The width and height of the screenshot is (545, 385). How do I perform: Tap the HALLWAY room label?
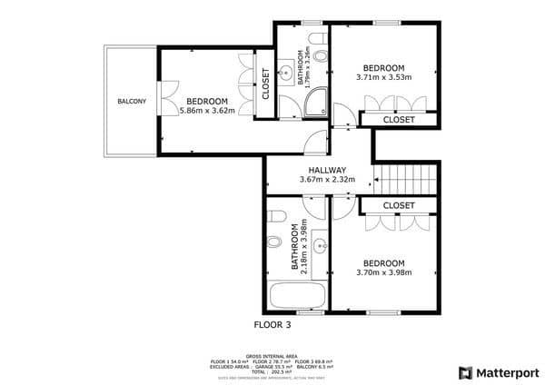(x=327, y=170)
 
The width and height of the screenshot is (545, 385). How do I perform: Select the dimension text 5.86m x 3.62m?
(x=207, y=111)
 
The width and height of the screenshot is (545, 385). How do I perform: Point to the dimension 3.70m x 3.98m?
(x=384, y=272)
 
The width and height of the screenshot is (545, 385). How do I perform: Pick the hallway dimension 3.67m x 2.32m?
(x=327, y=180)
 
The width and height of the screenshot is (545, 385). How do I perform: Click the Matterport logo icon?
(x=466, y=372)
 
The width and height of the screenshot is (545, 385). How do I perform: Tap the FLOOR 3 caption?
(x=273, y=323)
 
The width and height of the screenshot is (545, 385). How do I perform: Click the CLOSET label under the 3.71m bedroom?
(x=399, y=119)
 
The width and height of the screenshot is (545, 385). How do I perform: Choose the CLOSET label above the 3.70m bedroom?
(x=399, y=206)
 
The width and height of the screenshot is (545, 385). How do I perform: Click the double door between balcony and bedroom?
(x=160, y=99)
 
